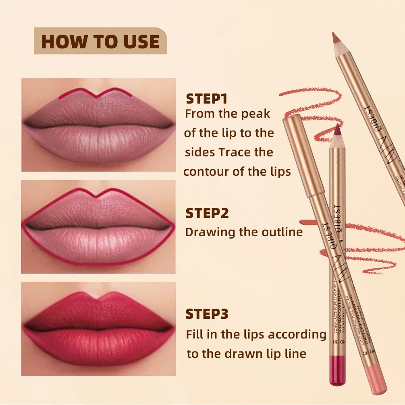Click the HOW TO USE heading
[100, 42]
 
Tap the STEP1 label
[207, 99]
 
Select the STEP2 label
[207, 213]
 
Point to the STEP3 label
[207, 314]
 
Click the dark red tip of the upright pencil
[336, 131]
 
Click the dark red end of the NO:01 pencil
[335, 369]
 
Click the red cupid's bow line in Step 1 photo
[97, 93]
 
